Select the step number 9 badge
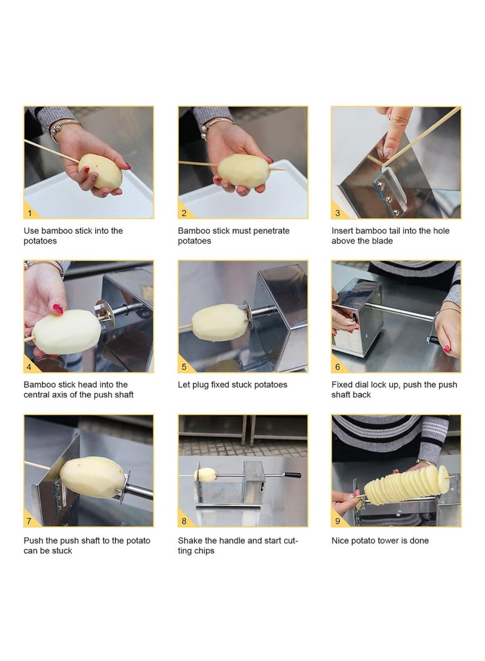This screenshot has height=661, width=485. point(338,521)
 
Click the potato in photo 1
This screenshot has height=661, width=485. point(101,171)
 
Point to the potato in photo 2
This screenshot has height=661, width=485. point(244,171)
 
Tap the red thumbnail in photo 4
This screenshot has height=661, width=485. point(58,310)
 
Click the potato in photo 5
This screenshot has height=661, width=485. point(219,322)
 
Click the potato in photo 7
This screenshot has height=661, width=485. point(93,477)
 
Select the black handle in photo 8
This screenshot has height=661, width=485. point(292,474)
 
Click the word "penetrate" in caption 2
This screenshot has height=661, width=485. point(272,231)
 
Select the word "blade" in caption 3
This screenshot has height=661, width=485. point(383,241)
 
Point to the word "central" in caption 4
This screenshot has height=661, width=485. point(36,395)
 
